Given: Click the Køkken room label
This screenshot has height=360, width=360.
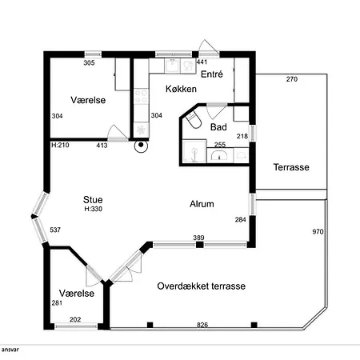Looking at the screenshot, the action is (181, 89).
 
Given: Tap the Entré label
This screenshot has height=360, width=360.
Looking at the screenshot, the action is (212, 74).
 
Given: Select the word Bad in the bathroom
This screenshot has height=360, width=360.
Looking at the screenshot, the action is (218, 127).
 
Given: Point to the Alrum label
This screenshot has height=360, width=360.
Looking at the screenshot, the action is (202, 204).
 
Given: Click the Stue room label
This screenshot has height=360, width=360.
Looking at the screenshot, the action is (93, 199).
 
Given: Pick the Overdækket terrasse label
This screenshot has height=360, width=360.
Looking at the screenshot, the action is (202, 286).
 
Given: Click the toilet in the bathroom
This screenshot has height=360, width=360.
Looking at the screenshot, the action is (194, 120).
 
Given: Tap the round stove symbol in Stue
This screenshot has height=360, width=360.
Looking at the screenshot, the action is (141, 146).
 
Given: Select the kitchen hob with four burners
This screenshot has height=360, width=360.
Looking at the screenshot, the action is (141, 97).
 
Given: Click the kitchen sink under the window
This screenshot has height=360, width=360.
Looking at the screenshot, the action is (172, 66).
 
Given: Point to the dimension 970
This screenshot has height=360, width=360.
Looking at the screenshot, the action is (318, 231).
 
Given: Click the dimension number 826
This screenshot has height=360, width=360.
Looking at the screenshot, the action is (202, 325).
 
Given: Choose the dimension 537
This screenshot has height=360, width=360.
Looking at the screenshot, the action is (55, 230).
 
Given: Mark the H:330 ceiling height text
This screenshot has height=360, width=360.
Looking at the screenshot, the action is (94, 209).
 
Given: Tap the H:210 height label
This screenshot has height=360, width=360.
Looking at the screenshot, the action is (60, 145).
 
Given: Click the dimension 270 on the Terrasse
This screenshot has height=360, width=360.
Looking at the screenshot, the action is (292, 79).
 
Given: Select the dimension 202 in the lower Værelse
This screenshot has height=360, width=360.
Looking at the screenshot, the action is (75, 319).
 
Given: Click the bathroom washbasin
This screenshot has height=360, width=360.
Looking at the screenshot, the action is (220, 155).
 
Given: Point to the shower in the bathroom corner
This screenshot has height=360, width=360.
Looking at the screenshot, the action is (194, 151).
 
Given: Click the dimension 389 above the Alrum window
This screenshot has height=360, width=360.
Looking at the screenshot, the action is (199, 238).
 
